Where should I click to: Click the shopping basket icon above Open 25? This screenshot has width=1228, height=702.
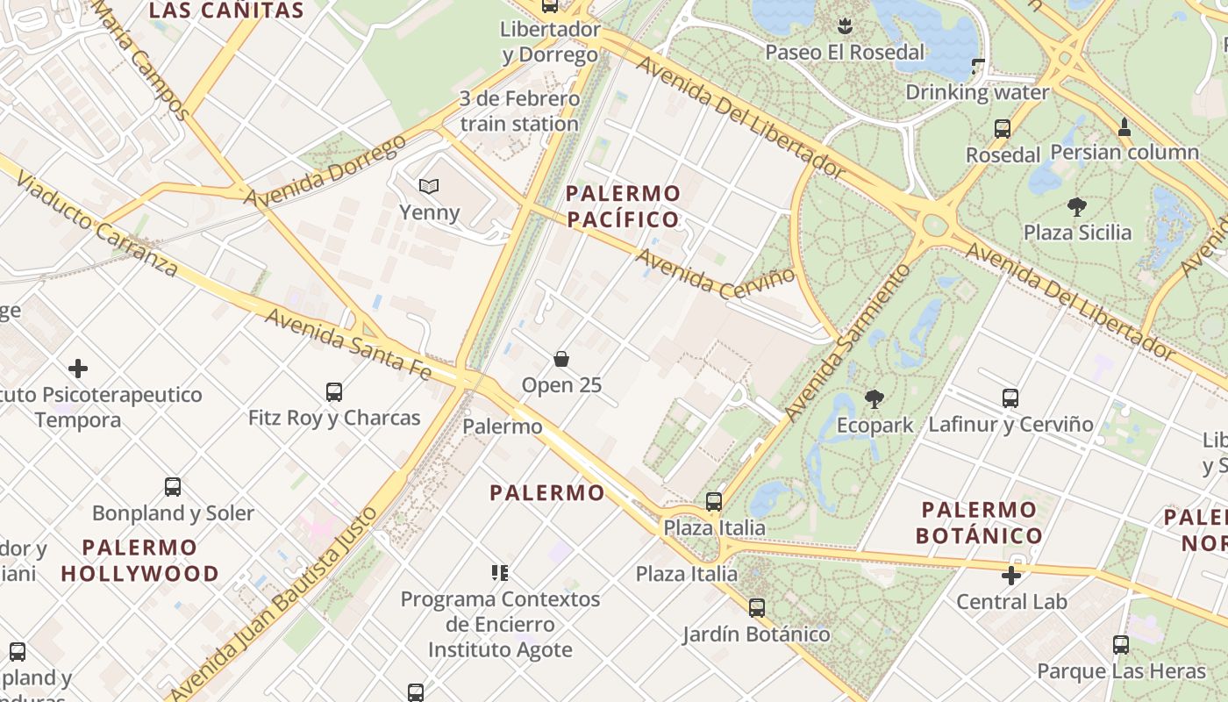coord(561,359)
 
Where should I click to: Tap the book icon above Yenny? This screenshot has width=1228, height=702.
coord(428,186)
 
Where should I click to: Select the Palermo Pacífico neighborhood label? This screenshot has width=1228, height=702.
coord(623,206)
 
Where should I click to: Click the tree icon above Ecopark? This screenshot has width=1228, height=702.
coord(874,399)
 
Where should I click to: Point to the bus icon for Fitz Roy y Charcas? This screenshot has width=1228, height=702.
coord(333,391)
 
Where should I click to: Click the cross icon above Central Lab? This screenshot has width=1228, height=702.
coord(1011,576)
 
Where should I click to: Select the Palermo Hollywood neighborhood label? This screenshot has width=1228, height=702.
coord(139,561)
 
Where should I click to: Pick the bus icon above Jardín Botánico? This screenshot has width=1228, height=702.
coord(756,607)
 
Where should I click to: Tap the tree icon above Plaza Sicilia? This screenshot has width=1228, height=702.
coord(1076,207)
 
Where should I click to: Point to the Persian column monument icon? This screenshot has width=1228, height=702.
coord(1124,127)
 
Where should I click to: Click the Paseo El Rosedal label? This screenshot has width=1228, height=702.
coord(845,52)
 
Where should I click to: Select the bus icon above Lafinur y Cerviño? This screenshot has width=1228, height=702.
coord(1010,398)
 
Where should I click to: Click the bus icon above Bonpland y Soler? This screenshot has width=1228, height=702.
coord(173,486)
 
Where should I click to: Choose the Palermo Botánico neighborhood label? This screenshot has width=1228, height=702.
coord(979,522)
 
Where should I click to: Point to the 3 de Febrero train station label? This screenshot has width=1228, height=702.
coord(519,111)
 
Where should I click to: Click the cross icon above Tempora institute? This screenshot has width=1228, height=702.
coord(78,368)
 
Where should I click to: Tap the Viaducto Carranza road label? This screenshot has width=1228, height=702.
coord(96,225)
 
